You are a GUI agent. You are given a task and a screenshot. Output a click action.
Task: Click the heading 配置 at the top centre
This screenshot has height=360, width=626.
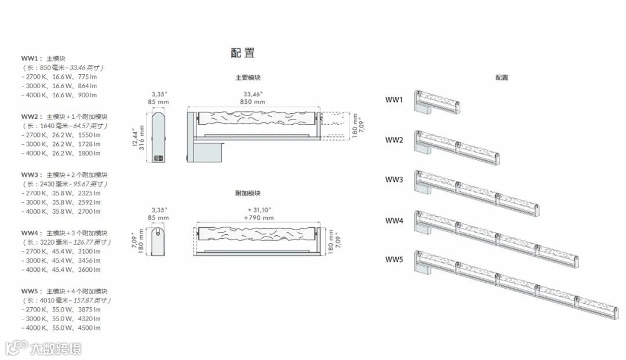pos(242,53)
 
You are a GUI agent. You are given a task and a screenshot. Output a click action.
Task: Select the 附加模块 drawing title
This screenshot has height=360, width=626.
pos(248,193)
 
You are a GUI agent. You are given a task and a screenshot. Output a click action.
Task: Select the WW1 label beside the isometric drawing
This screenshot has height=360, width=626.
pos(394,100)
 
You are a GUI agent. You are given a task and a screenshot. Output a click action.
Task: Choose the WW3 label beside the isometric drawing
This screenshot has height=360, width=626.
pos(394,180)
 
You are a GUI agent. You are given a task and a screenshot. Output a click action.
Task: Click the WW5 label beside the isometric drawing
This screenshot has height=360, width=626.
pos(394,259)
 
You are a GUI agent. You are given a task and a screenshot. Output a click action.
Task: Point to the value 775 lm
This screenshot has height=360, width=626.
pos(86,77)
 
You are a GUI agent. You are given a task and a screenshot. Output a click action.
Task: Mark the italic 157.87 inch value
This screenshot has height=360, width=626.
pos(92,300)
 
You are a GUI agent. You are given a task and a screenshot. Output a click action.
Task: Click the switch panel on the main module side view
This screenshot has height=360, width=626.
pos(162,157)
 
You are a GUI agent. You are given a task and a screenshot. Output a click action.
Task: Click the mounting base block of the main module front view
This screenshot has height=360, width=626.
pos(205,152)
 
